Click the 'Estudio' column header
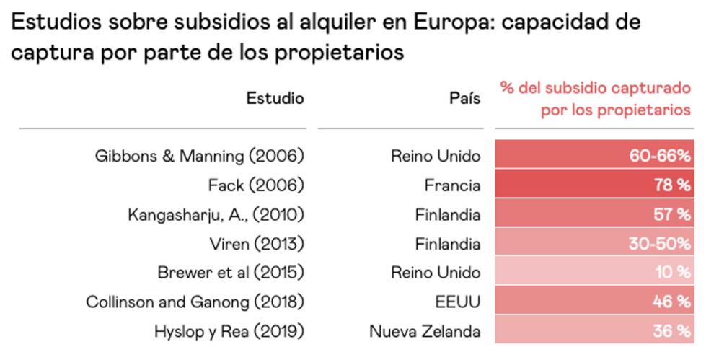(275, 98)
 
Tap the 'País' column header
(464, 99)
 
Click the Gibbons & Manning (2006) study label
(200, 156)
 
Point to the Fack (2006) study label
(256, 185)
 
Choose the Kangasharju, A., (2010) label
(216, 214)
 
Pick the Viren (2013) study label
(250, 244)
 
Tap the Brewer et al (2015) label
(231, 273)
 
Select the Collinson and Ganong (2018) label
(195, 302)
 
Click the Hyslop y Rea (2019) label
(229, 331)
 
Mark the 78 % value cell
(593, 185)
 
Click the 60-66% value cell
(593, 156)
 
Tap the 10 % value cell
(593, 273)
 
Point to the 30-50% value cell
(593, 244)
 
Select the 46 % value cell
(593, 302)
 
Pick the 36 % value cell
(593, 331)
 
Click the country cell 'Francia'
(452, 185)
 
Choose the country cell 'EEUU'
(459, 302)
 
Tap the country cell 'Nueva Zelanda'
(425, 331)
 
